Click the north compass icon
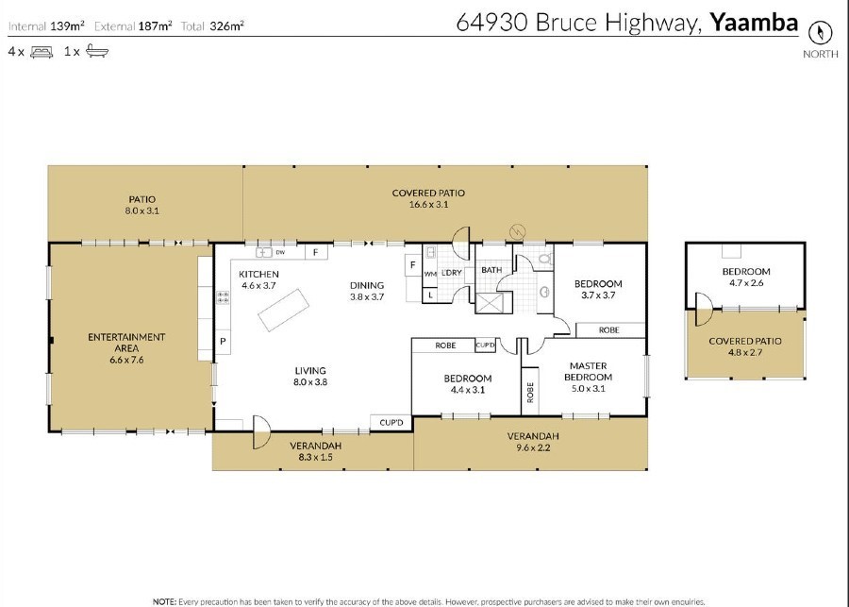coord(820,33)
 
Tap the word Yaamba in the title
coord(754,23)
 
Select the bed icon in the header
coord(42,52)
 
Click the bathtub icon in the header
coord(97,51)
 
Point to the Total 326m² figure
coord(212,25)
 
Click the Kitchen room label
coord(258,279)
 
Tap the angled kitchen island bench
coord(283,310)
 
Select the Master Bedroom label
coord(588,377)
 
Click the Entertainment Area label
coord(126,348)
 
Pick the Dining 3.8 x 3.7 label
coord(367,291)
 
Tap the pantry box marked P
coord(223,342)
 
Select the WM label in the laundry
coord(430,274)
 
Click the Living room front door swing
coord(262,432)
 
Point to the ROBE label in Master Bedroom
coord(530,392)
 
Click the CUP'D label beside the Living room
coord(391,422)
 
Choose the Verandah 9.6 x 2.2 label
coord(533,442)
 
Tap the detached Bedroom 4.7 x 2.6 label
coord(746,277)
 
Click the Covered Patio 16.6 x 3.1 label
coord(428,198)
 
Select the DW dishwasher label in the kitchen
coord(280,252)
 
